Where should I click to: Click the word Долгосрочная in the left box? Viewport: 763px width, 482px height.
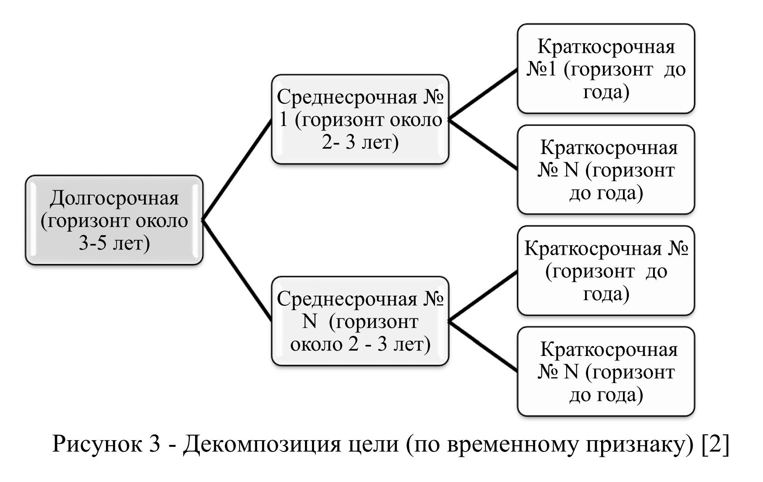114,198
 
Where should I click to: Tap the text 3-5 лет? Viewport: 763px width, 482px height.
114,243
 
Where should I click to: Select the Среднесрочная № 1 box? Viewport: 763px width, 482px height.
360,119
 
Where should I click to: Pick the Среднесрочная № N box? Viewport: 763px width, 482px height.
360,321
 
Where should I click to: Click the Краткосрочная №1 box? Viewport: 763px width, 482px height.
606,69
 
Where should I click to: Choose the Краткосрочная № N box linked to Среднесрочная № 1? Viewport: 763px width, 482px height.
606,170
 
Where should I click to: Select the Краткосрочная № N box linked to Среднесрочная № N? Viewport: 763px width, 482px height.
606,372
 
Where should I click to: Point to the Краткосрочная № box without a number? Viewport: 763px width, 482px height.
606,270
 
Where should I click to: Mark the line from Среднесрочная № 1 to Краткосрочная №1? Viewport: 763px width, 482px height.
483,94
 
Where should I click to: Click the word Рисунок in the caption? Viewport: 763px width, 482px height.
97,444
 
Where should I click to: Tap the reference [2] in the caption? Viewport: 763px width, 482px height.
715,444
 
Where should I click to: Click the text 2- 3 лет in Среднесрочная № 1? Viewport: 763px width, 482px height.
360,142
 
